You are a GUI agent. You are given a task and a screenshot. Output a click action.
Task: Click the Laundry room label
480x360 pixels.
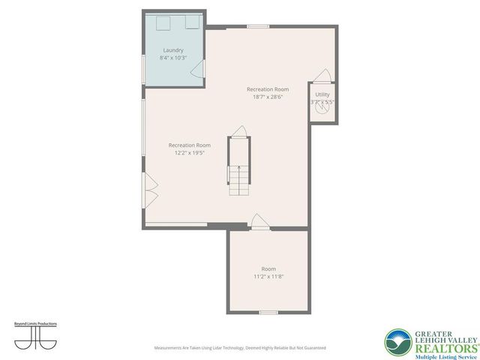[172, 50]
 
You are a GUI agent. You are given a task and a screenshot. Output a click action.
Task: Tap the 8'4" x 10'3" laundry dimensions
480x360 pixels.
[172, 58]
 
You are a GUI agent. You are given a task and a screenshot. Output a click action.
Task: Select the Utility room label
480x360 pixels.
[322, 94]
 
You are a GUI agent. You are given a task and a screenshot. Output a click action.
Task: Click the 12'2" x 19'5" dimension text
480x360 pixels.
[189, 152]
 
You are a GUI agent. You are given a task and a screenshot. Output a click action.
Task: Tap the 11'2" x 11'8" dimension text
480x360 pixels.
[268, 276]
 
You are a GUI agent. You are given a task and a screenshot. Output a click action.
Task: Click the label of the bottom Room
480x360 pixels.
[268, 268]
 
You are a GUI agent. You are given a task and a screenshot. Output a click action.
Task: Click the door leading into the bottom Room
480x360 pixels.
[258, 221]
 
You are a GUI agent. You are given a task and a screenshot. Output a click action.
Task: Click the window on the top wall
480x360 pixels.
[258, 26]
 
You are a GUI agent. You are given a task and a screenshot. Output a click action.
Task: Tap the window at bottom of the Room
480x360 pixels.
[268, 312]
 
